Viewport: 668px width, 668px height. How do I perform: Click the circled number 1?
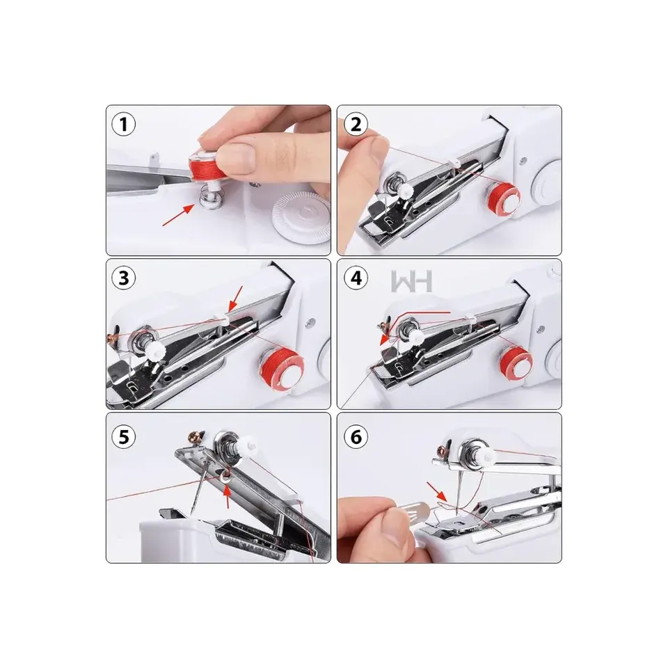tap(124, 125)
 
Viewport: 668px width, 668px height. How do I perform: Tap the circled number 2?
tap(356, 125)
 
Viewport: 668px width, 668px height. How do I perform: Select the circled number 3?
tap(124, 278)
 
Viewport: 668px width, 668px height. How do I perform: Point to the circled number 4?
tap(356, 278)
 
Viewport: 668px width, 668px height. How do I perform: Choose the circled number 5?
tap(124, 437)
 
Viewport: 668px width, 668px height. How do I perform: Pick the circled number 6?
tap(356, 437)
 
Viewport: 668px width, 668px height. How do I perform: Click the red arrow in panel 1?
tap(179, 214)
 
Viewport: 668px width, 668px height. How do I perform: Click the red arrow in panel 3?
tap(236, 299)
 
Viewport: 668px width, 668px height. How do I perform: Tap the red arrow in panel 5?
tap(228, 496)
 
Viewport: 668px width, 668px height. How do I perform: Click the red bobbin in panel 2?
tap(504, 197)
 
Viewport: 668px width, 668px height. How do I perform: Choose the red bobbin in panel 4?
tap(516, 362)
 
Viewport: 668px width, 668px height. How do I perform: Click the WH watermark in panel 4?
tap(411, 282)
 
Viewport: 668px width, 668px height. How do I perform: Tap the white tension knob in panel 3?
tap(157, 349)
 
